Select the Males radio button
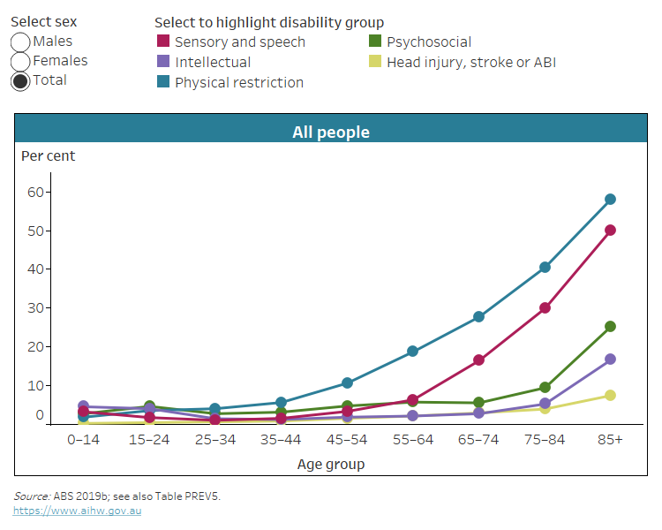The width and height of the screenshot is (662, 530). click(x=20, y=42)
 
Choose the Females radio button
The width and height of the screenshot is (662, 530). click(x=20, y=62)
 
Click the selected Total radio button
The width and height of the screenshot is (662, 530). click(x=20, y=81)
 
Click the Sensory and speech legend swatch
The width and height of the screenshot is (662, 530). click(x=163, y=42)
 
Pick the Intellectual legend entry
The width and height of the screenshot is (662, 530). click(x=212, y=63)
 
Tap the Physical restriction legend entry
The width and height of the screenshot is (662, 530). click(x=238, y=83)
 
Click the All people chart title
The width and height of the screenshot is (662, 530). click(x=331, y=132)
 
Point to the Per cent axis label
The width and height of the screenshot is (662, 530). click(x=49, y=156)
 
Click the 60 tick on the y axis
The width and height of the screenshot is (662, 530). click(x=35, y=192)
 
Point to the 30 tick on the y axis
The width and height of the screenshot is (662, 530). click(x=35, y=307)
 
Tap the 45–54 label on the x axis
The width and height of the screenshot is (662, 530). click(x=347, y=440)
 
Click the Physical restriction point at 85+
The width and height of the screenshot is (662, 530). click(x=610, y=200)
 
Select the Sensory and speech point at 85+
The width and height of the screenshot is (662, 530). click(x=610, y=231)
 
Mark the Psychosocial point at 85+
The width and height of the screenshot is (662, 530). click(x=610, y=327)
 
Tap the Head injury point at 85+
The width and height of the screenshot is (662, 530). click(x=610, y=396)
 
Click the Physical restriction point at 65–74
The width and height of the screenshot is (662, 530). click(x=478, y=317)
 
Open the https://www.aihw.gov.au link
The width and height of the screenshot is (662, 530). click(x=77, y=511)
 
